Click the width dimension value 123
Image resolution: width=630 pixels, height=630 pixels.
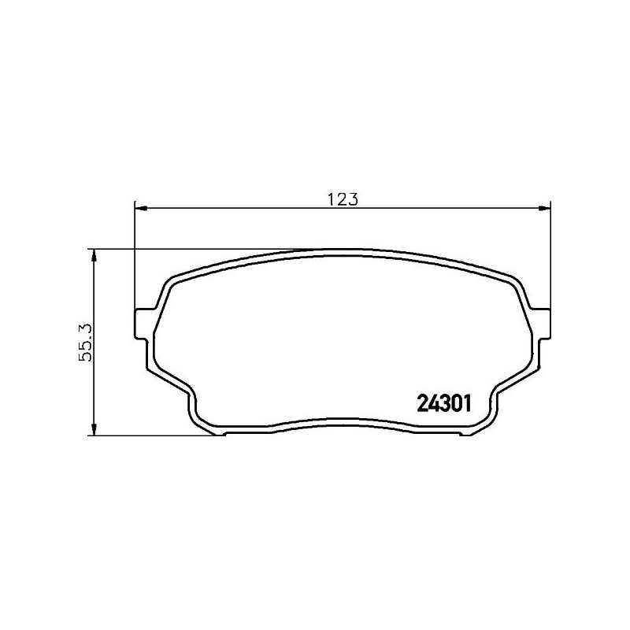[343, 199]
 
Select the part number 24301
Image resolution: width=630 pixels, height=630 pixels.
[442, 404]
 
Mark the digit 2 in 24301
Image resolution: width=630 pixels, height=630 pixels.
[420, 404]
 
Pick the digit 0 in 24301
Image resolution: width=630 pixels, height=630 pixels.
[453, 404]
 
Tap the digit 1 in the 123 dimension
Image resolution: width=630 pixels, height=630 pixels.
[332, 199]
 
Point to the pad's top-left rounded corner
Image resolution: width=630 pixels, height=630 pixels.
[172, 280]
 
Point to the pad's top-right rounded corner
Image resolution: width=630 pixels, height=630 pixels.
[514, 280]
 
